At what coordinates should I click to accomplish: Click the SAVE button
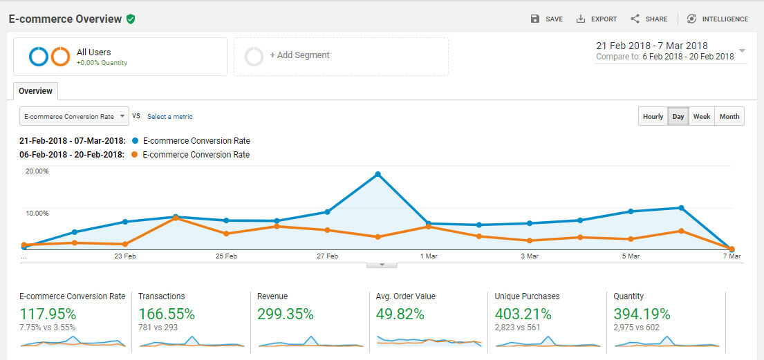[x=546, y=19]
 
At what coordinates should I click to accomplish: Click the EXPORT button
[x=597, y=19]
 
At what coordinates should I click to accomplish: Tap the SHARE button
[x=649, y=19]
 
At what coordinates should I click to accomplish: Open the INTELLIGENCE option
[x=717, y=19]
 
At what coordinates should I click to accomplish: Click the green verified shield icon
[x=131, y=19]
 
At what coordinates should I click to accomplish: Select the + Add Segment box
[x=341, y=57]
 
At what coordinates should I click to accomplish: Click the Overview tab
[x=35, y=91]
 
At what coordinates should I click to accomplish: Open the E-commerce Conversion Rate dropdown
[x=74, y=116]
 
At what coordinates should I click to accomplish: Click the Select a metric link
[x=170, y=116]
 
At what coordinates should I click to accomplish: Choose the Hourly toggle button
[x=653, y=116]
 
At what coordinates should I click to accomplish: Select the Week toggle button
[x=702, y=116]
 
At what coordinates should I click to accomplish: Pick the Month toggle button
[x=729, y=116]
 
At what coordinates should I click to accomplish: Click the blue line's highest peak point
[x=378, y=174]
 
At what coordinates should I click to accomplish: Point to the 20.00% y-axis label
[x=37, y=171]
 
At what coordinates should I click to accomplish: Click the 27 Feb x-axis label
[x=327, y=256]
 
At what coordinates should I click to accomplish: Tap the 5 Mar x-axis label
[x=631, y=256]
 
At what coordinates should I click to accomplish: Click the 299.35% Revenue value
[x=286, y=314]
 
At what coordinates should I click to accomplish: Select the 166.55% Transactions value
[x=167, y=314]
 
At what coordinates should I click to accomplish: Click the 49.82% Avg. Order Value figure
[x=400, y=314]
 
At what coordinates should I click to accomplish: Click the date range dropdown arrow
[x=742, y=50]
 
